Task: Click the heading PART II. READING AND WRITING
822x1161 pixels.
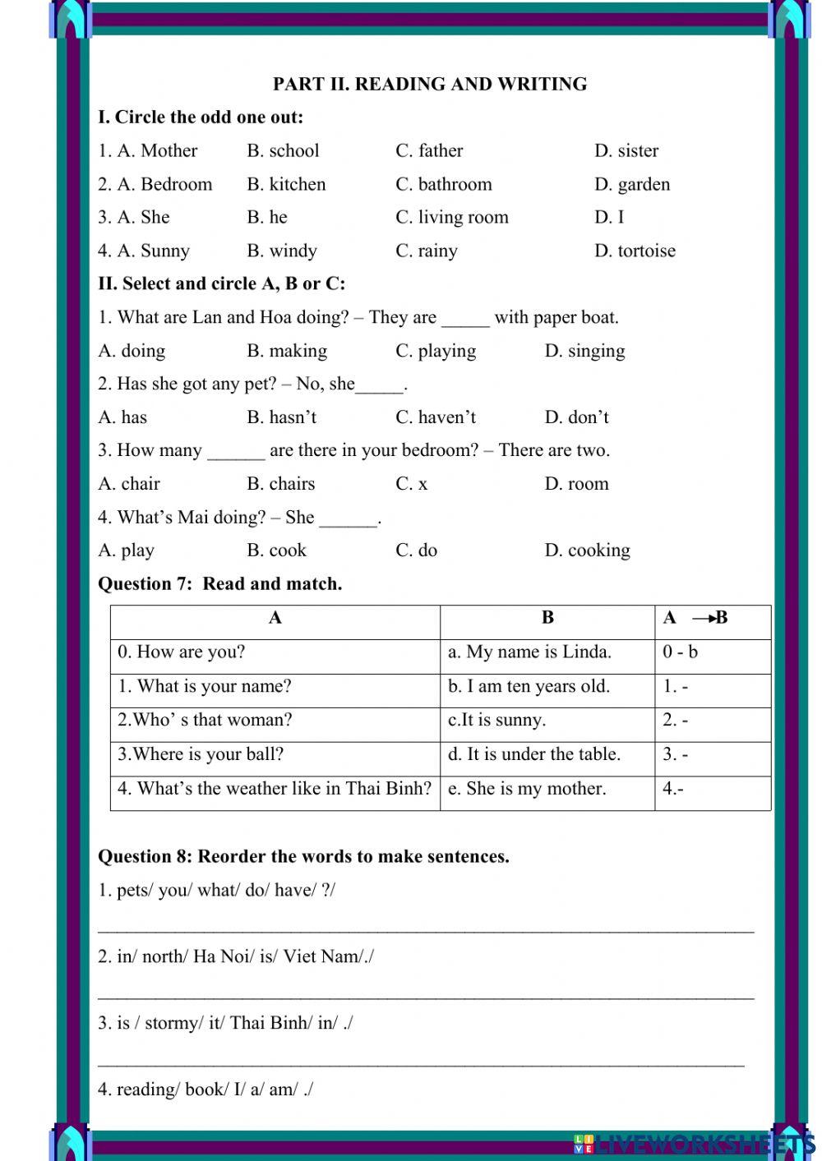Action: point(429,84)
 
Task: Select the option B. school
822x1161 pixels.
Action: point(283,150)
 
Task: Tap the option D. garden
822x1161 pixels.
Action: point(631,184)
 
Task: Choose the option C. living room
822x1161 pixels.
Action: point(451,217)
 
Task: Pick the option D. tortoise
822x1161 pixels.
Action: point(635,251)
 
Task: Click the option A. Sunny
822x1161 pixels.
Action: point(144,251)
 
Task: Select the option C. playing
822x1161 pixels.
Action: point(436,351)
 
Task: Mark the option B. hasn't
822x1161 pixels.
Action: point(281,417)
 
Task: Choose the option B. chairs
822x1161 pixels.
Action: point(280,484)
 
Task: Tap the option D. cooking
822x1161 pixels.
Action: point(587,551)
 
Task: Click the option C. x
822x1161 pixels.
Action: point(411,484)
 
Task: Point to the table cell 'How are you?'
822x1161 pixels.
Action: point(182,652)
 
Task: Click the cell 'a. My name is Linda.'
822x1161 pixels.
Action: point(529,652)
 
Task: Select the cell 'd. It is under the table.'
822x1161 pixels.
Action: point(534,754)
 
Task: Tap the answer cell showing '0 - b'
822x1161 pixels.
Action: point(681,652)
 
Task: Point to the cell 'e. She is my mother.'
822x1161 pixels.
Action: point(527,789)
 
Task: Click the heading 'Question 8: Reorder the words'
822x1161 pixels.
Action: point(303,856)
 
